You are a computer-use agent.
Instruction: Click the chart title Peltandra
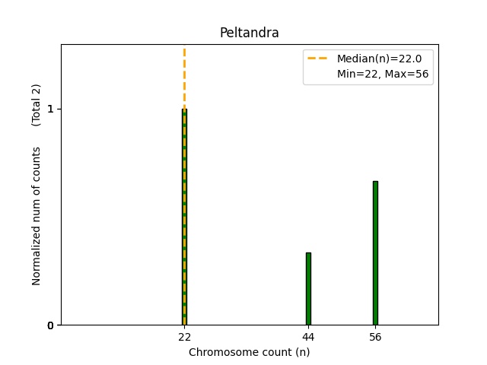(x=249, y=33)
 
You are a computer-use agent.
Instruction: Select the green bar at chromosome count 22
(x=184, y=228)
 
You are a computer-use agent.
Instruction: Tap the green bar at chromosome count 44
(x=308, y=289)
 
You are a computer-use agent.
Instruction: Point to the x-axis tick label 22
(x=184, y=337)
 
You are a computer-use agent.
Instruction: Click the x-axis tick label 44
(x=308, y=337)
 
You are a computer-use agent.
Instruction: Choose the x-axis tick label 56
(x=375, y=337)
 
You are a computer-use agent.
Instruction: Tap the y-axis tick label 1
(x=50, y=109)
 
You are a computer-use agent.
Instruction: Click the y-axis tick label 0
(x=50, y=325)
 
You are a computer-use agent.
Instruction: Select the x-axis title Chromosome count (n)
(x=249, y=352)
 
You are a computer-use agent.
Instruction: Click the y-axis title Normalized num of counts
(x=37, y=216)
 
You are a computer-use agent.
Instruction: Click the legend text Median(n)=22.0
(x=374, y=58)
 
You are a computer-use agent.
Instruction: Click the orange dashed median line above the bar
(x=184, y=76)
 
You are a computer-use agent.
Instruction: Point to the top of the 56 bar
(x=375, y=182)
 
